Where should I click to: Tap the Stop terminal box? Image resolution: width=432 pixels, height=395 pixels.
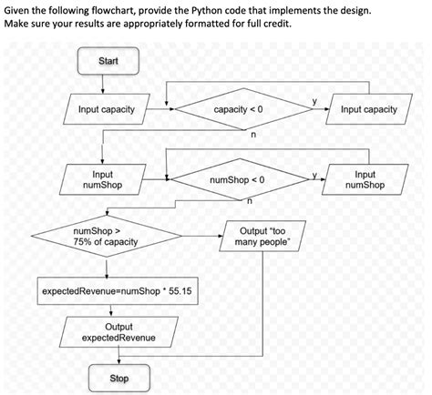[118, 377]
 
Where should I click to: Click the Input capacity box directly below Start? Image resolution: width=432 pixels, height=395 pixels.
[106, 110]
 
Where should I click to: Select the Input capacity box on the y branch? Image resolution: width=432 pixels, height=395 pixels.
[368, 110]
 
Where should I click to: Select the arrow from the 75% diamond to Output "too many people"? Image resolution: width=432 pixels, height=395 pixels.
[199, 239]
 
